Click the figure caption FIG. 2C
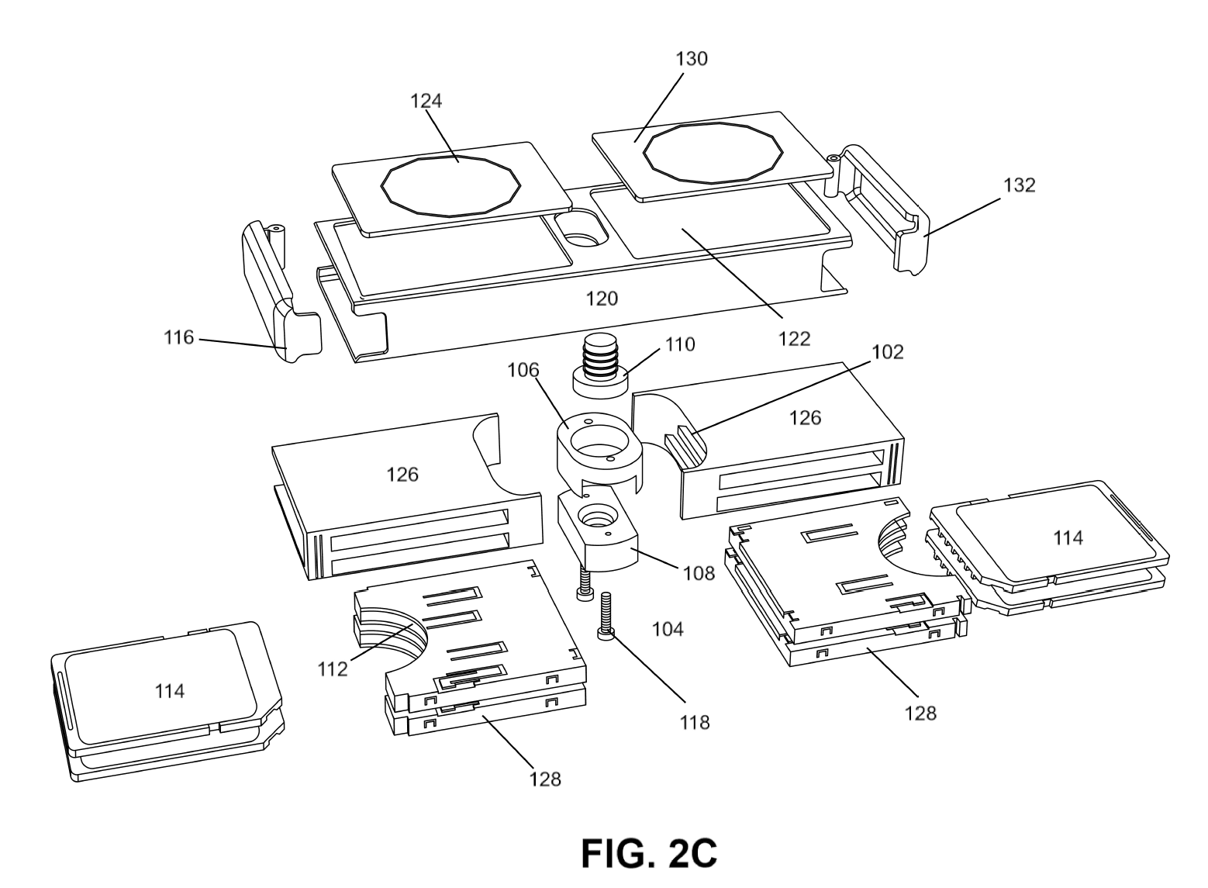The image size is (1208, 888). tap(649, 853)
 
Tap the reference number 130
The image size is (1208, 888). tap(692, 59)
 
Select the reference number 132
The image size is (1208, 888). tap(1020, 185)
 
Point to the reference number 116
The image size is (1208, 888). tap(178, 337)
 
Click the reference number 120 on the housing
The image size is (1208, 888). tap(602, 299)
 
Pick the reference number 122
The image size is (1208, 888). tap(795, 339)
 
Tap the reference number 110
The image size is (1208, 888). tap(680, 344)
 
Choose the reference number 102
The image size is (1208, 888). tap(888, 352)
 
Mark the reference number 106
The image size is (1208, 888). tap(523, 370)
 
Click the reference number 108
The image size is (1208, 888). tap(699, 573)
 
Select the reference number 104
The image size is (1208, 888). tap(668, 629)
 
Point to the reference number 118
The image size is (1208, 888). tap(695, 722)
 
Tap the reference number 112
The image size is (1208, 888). tap(333, 669)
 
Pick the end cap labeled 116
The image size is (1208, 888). tap(281, 292)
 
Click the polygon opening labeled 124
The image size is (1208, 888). tap(450, 187)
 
